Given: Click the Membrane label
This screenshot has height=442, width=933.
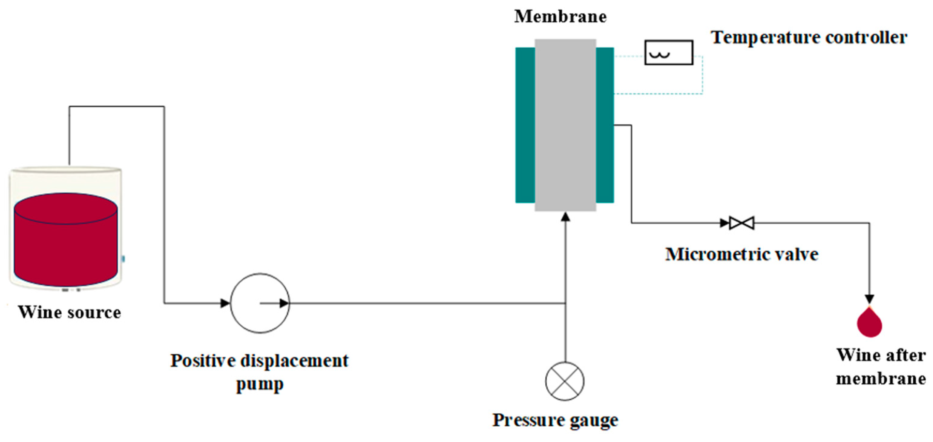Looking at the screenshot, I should point(560,17).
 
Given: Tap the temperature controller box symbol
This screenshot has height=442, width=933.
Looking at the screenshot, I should point(669,53).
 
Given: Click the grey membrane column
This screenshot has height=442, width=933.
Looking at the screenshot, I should point(565,125).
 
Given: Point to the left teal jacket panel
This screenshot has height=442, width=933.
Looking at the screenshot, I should point(525,125).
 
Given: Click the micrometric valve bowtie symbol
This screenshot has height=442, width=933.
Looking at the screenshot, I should point(741,223).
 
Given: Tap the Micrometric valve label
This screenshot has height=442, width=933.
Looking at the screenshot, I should point(741,254).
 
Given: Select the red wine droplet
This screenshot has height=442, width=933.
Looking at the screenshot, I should point(869,323).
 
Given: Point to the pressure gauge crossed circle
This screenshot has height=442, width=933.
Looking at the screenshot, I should point(565,381).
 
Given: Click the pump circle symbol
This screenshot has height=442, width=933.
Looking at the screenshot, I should point(260,303).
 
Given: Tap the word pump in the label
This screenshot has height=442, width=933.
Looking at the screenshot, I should point(260,385).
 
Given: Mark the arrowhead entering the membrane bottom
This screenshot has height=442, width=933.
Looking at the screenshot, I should point(565,217).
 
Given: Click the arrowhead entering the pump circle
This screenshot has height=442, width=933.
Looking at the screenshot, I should point(225,303).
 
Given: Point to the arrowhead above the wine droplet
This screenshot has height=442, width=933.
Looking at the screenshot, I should point(869,299).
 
